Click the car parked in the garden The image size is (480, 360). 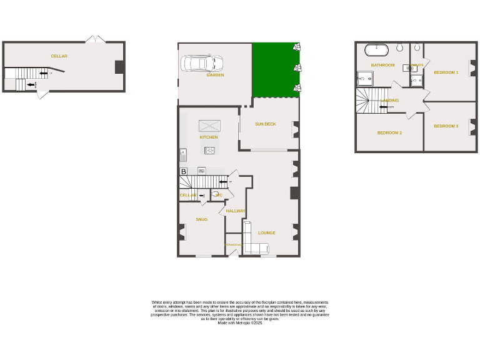coord(202,63)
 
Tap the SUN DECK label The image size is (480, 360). coord(265,124)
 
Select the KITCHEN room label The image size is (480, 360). coord(209,137)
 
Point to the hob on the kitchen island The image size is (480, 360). coord(209,150)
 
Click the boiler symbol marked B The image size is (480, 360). coord(184,171)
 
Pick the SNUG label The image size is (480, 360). coord(201,219)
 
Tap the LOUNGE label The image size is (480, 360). coord(267,233)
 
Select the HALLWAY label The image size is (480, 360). coord(235,211)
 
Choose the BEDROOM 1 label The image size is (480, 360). coord(446,72)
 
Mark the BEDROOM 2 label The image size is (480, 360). coord(389,132)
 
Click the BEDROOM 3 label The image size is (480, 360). coord(446,126)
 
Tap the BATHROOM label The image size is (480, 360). coord(382,65)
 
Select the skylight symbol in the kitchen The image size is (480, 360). coord(209,125)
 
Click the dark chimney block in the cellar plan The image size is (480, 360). coord(119,66)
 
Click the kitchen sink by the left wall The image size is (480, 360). coord(182,152)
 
